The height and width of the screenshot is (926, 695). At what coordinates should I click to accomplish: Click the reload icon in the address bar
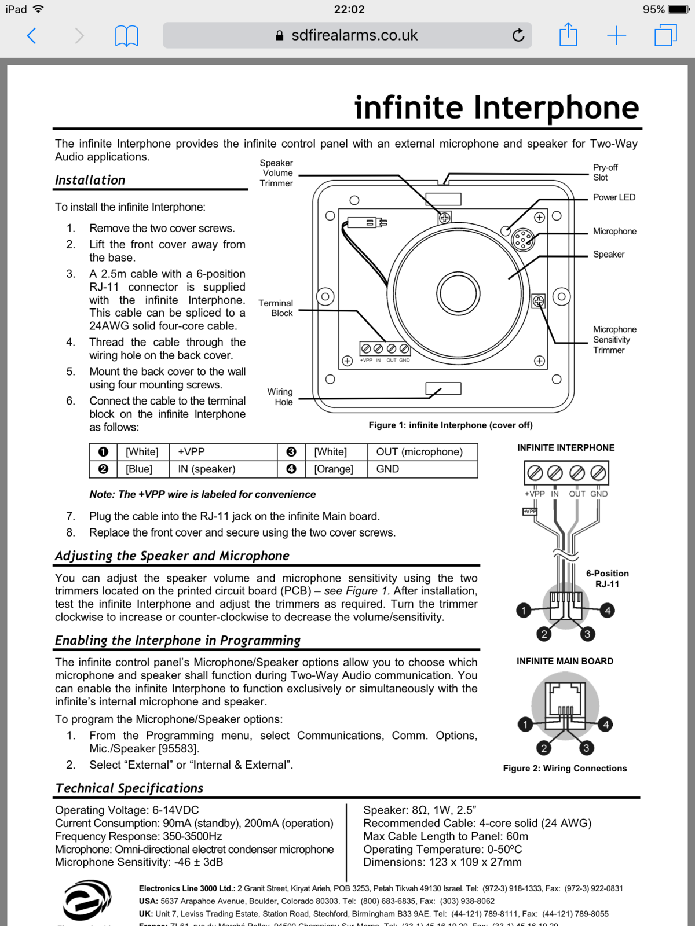(x=518, y=35)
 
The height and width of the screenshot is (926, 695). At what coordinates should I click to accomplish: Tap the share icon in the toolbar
(x=568, y=35)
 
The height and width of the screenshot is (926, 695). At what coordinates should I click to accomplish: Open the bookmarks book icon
(x=126, y=36)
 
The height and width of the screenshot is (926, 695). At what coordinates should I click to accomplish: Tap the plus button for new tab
(x=616, y=35)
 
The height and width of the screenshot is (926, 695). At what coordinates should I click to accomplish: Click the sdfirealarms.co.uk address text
(x=354, y=35)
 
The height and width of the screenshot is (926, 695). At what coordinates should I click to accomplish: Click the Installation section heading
(x=90, y=180)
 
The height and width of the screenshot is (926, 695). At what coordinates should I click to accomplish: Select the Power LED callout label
(x=614, y=197)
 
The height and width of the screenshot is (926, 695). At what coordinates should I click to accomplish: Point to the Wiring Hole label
(x=280, y=397)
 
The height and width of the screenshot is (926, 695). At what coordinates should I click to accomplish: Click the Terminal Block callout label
(x=276, y=308)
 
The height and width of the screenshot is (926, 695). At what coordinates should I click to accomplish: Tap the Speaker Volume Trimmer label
(x=276, y=173)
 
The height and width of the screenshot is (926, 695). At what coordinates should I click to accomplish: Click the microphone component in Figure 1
(x=523, y=238)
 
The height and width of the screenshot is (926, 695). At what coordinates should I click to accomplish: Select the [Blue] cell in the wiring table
(x=139, y=469)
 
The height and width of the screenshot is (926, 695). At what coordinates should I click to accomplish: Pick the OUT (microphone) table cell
(x=419, y=452)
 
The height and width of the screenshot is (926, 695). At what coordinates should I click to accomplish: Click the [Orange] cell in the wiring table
(x=334, y=469)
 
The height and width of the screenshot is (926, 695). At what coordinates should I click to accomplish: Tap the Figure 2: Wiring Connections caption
(x=565, y=768)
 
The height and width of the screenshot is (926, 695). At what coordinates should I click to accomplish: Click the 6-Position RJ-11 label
(x=607, y=579)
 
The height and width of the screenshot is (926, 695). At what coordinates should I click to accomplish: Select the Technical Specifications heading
(x=130, y=788)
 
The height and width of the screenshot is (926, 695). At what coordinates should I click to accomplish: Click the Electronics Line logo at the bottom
(x=87, y=900)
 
